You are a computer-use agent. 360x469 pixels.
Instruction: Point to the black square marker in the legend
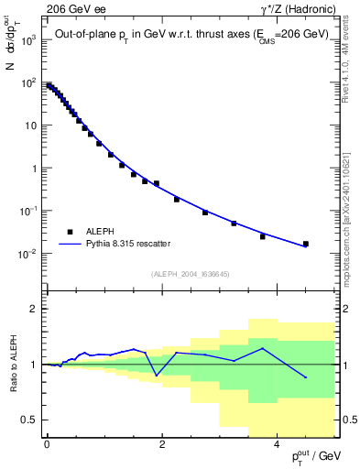point(69,232)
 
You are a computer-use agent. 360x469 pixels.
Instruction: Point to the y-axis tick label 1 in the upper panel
point(33,169)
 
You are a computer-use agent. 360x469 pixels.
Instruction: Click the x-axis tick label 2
point(161,443)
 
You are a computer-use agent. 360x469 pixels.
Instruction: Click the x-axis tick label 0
point(46,443)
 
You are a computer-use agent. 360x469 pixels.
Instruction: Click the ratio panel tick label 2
point(33,310)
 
